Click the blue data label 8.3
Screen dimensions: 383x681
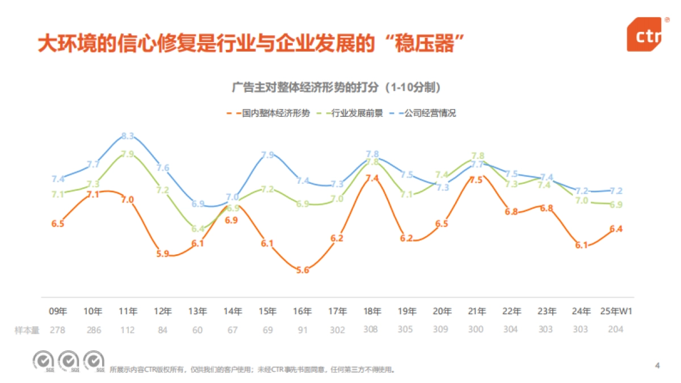pos(128,136)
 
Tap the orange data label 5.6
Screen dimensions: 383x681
pos(302,270)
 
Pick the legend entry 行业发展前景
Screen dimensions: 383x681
pos(357,113)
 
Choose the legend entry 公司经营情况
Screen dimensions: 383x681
pos(430,113)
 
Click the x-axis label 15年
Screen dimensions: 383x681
pos(267,311)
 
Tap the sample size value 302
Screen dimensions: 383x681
pos(337,330)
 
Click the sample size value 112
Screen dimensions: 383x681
pos(128,330)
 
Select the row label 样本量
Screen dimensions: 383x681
pos(27,330)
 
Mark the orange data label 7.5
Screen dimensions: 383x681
pos(476,180)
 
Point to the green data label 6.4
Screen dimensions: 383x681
pos(198,229)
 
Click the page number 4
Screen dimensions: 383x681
pos(657,366)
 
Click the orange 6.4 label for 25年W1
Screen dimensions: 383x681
pos(616,229)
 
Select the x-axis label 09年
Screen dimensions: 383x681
pos(58,311)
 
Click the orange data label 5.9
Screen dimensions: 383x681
pos(163,254)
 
